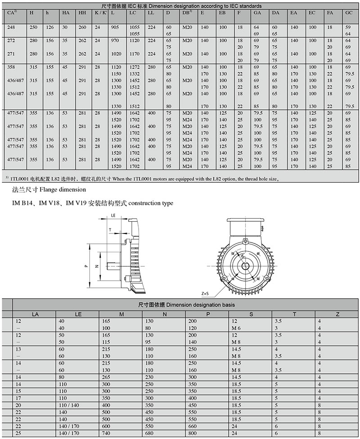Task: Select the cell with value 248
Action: [12, 27]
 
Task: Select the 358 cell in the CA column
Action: [12, 67]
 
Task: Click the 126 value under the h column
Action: [49, 27]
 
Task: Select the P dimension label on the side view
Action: [85, 266]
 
